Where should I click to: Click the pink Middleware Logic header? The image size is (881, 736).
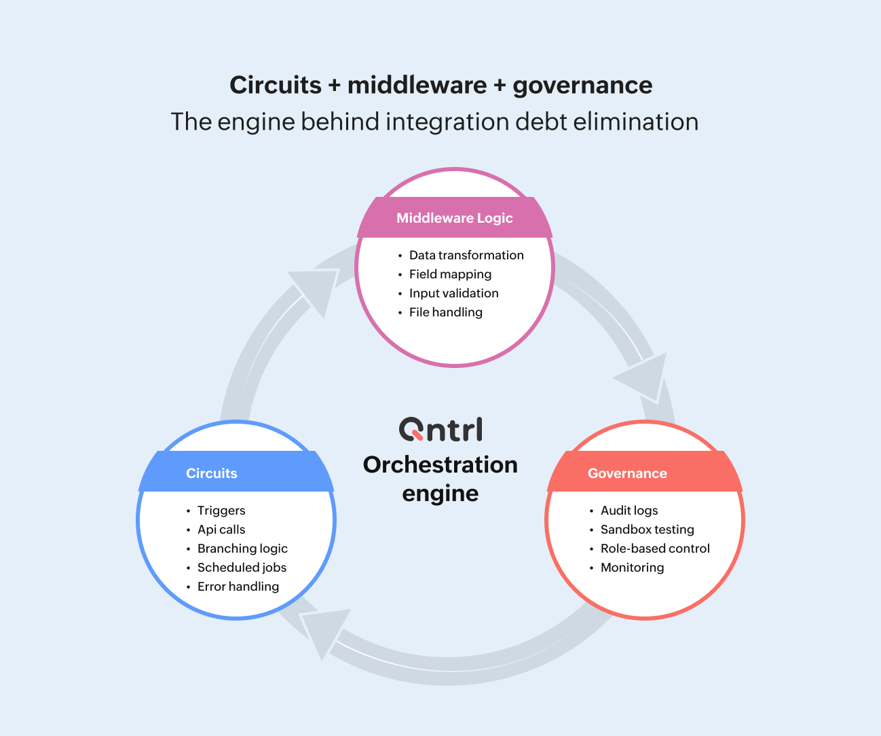455,218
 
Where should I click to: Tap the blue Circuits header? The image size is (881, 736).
212,473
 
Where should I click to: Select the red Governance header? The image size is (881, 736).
627,473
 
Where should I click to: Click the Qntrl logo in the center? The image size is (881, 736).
440,430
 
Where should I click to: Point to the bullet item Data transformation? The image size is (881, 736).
466,255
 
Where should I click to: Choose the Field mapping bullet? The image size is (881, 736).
450,274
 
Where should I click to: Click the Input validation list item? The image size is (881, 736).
453,293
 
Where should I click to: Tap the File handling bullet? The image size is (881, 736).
445,312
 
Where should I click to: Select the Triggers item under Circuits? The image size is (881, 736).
221,511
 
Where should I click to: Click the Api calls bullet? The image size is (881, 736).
221,530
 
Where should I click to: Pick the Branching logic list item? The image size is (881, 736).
242,549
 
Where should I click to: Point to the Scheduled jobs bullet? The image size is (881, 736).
242,568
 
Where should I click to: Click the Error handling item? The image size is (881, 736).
238,587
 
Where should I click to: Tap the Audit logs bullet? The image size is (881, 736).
629,511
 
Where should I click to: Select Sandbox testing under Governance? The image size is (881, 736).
647,530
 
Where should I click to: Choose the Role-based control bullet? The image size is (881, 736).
655,549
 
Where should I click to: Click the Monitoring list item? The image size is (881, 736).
632,568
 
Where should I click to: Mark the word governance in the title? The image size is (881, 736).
582,86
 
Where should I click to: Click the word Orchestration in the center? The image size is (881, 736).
440,465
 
